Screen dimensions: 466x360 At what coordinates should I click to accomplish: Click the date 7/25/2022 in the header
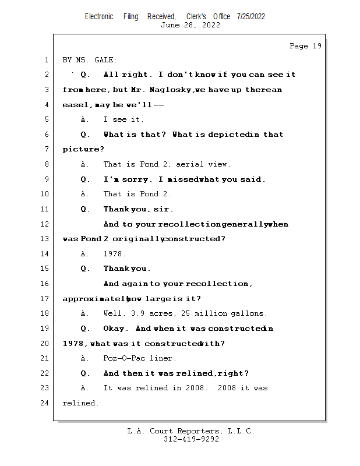pyautogui.click(x=251, y=16)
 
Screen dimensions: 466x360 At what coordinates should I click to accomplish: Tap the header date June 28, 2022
pyautogui.click(x=190, y=25)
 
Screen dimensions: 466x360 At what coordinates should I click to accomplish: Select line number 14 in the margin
pyautogui.click(x=45, y=254)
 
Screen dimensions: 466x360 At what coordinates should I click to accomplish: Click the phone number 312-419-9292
pyautogui.click(x=191, y=439)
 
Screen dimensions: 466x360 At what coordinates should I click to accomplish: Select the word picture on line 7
pyautogui.click(x=79, y=150)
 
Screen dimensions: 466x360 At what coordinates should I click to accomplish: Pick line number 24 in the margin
pyautogui.click(x=45, y=403)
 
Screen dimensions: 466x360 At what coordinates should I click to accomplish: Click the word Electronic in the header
pyautogui.click(x=99, y=16)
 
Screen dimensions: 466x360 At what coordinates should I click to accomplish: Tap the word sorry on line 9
pyautogui.click(x=135, y=179)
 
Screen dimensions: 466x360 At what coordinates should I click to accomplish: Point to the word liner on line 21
pyautogui.click(x=163, y=358)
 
